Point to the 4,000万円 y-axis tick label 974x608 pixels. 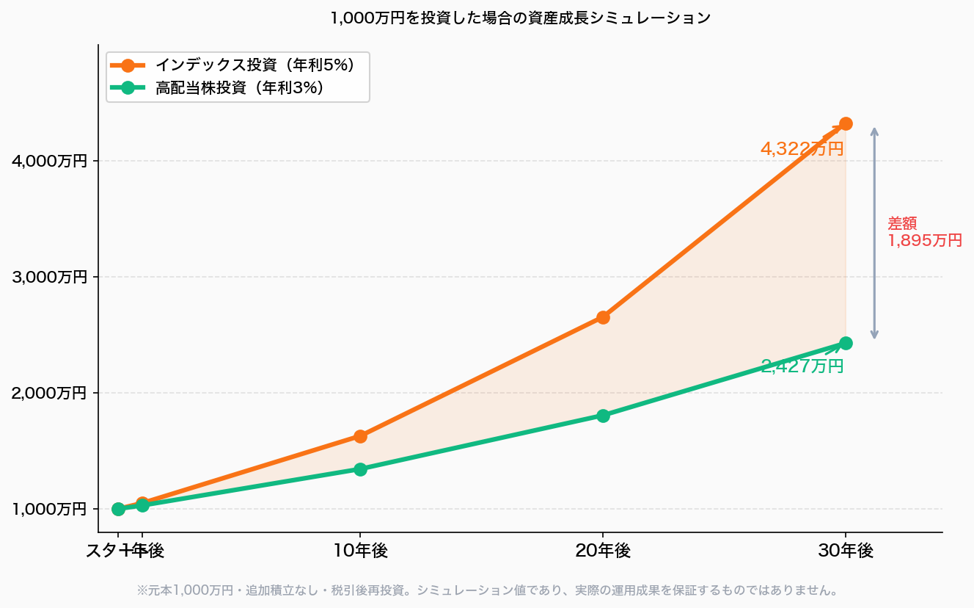point(50,161)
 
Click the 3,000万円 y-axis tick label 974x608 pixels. point(50,277)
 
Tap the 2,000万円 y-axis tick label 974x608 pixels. point(50,393)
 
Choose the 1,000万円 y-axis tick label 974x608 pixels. point(50,509)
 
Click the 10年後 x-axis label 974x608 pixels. point(360,551)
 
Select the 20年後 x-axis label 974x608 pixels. point(603,551)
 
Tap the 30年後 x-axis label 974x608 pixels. point(846,551)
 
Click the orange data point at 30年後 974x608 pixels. point(846,123)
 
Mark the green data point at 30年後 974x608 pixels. point(846,343)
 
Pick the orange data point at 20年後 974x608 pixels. point(603,317)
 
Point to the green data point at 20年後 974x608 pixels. point(603,416)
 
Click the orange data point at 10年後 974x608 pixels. point(360,436)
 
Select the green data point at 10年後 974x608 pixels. point(360,469)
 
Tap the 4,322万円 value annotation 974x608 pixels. point(802,149)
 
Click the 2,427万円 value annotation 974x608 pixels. point(802,366)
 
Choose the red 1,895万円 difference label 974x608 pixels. point(924,241)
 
